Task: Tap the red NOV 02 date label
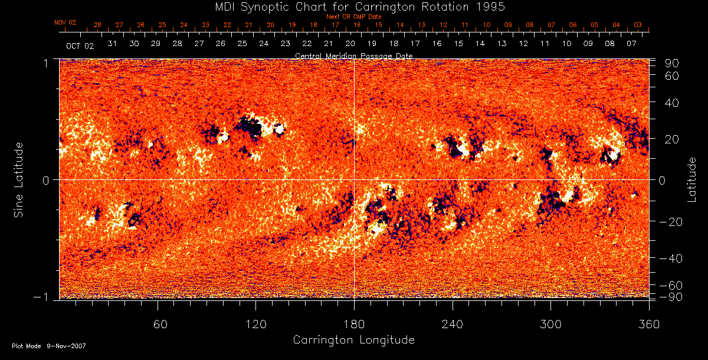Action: tap(65, 22)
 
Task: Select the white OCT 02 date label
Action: tap(80, 45)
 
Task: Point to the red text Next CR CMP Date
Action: tap(354, 17)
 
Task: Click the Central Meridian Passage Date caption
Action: tap(354, 56)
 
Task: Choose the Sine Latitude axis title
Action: tap(19, 179)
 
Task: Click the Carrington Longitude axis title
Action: tap(354, 340)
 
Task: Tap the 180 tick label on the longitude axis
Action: tap(354, 325)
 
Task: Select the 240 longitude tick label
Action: tap(453, 325)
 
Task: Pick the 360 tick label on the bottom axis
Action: tap(649, 325)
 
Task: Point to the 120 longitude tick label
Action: tap(255, 325)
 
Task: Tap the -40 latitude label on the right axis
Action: tap(671, 258)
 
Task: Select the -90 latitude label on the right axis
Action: tap(671, 296)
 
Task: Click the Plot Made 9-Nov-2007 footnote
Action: tap(49, 346)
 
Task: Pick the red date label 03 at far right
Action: tap(638, 25)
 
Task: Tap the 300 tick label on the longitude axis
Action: tap(550, 325)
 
